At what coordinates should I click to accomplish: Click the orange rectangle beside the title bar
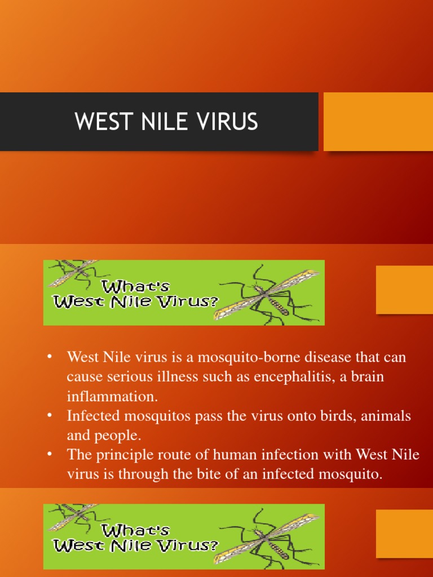click(378, 122)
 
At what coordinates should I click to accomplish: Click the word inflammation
click(112, 396)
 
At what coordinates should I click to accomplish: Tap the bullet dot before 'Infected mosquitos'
click(50, 416)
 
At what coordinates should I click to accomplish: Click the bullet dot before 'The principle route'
click(50, 455)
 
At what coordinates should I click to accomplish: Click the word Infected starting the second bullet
click(94, 416)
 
